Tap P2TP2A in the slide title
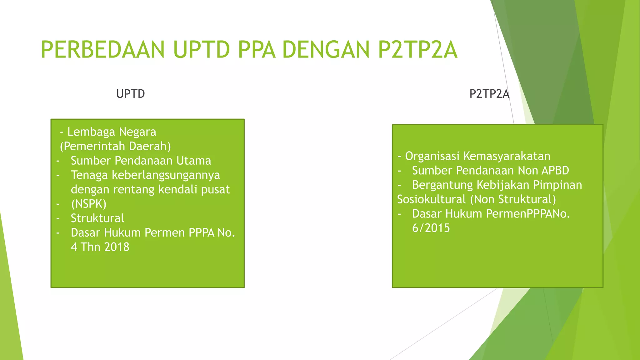tap(417, 50)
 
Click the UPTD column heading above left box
tap(130, 94)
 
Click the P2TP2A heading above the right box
tap(489, 94)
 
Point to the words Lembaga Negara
tap(112, 132)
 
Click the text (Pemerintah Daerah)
tap(115, 146)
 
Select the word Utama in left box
tap(194, 161)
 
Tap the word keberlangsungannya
tap(166, 175)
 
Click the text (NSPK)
tap(89, 204)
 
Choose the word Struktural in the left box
tap(97, 218)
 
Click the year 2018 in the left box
tap(117, 247)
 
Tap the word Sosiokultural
tap(431, 199)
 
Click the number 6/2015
tap(431, 228)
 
